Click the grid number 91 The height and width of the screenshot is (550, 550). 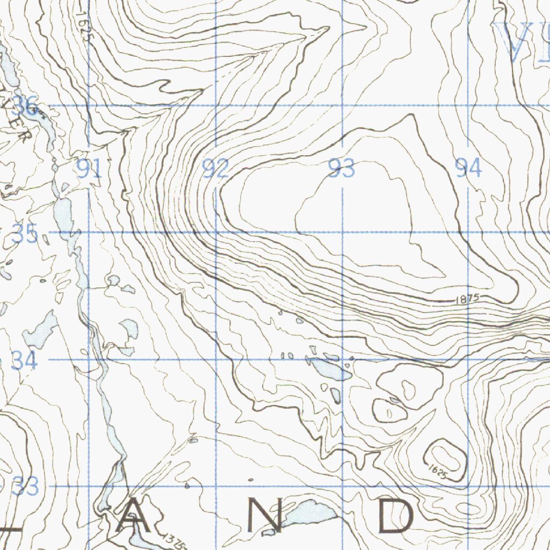[89, 170]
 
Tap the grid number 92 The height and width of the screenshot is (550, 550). [215, 170]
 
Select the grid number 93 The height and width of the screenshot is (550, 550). [342, 169]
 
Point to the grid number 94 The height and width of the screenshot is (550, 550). [468, 169]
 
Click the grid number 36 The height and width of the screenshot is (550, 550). [25, 106]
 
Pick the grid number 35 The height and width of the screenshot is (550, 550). [25, 234]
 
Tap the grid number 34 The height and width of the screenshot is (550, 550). [25, 361]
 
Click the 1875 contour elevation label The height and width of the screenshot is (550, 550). [465, 299]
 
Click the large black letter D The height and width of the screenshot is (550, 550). [397, 516]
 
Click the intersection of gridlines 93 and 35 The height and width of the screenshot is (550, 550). [343, 233]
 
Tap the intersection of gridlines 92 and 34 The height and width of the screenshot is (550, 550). [216, 359]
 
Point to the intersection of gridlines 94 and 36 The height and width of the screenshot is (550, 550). [468, 105]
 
